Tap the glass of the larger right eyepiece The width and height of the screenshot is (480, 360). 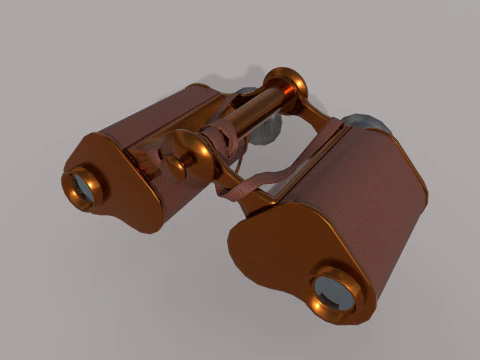click(334, 293)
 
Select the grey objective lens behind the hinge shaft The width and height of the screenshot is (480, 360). click(266, 130)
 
